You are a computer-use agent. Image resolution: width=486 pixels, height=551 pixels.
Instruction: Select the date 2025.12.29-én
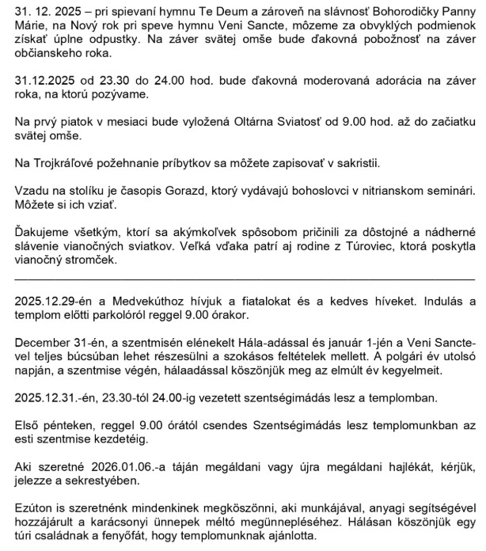coord(55,303)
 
